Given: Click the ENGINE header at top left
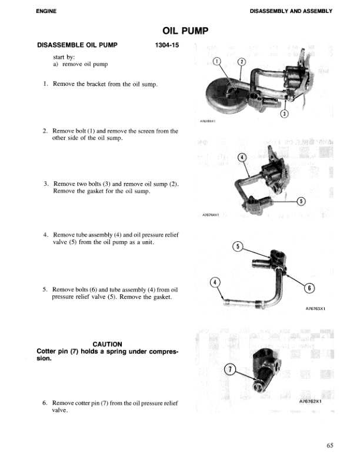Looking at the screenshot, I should pyautogui.click(x=46, y=11).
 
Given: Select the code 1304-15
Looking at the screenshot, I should pyautogui.click(x=166, y=45).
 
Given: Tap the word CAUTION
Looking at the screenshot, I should pyautogui.click(x=107, y=344).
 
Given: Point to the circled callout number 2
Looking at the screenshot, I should pyautogui.click(x=240, y=62).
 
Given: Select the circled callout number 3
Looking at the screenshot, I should pyautogui.click(x=284, y=114).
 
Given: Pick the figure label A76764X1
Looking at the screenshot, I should pyautogui.click(x=210, y=215).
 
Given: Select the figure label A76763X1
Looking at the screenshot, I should pyautogui.click(x=315, y=308).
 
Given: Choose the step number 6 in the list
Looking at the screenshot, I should pyautogui.click(x=45, y=403).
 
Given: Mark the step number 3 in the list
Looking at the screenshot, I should pyautogui.click(x=45, y=184).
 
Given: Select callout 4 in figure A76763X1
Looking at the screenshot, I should pyautogui.click(x=215, y=282).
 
